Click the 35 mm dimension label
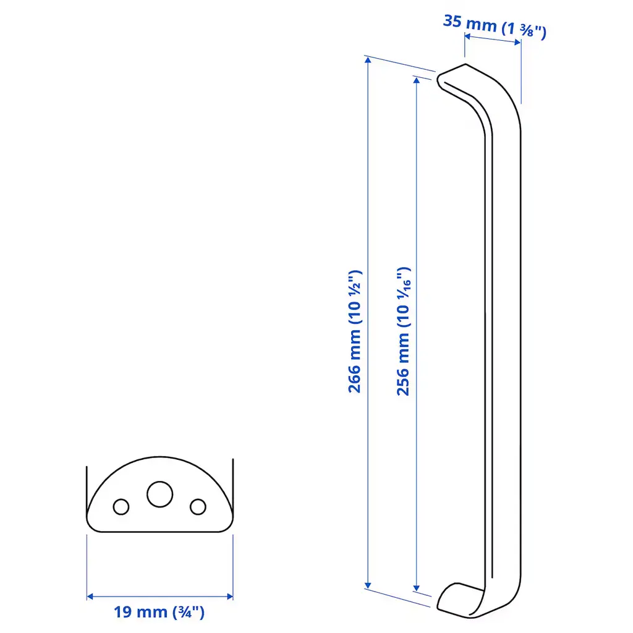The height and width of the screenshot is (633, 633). click(495, 27)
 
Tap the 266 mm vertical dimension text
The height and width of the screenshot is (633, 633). click(355, 331)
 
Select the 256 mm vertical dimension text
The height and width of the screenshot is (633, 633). click(403, 331)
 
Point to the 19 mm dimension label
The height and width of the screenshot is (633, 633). click(159, 612)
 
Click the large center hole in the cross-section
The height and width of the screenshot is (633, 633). click(160, 494)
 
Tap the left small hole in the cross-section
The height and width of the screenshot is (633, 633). click(121, 507)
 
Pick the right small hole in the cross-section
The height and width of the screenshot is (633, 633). click(198, 507)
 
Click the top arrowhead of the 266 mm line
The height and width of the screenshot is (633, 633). click(368, 60)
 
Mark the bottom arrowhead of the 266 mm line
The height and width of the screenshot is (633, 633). click(368, 585)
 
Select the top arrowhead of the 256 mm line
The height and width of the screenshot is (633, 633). click(417, 80)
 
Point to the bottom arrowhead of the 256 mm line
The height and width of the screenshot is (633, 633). click(417, 588)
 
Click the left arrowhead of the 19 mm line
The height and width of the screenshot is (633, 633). click(90, 597)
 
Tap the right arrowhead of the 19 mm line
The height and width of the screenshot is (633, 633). click(230, 597)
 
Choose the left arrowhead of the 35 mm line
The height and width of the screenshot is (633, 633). click(468, 36)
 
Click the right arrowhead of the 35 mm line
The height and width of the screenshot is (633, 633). click(517, 43)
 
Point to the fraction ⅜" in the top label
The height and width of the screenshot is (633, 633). click(530, 31)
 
